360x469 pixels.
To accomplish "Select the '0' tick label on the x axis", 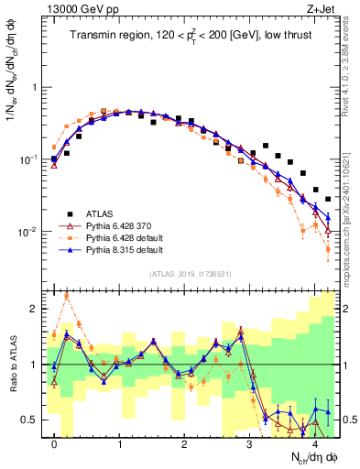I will [55, 443].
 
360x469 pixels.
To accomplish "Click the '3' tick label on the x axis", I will [249, 443].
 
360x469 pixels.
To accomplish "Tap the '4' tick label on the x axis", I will [314, 443].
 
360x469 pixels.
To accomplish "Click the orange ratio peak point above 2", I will [67, 295].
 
